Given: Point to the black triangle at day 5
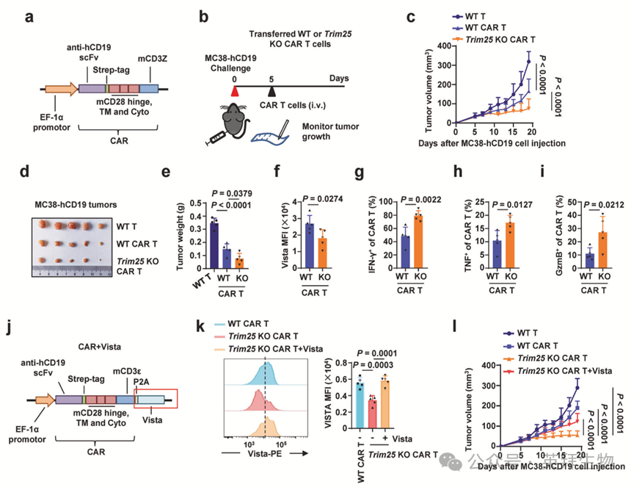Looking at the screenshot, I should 272,90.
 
